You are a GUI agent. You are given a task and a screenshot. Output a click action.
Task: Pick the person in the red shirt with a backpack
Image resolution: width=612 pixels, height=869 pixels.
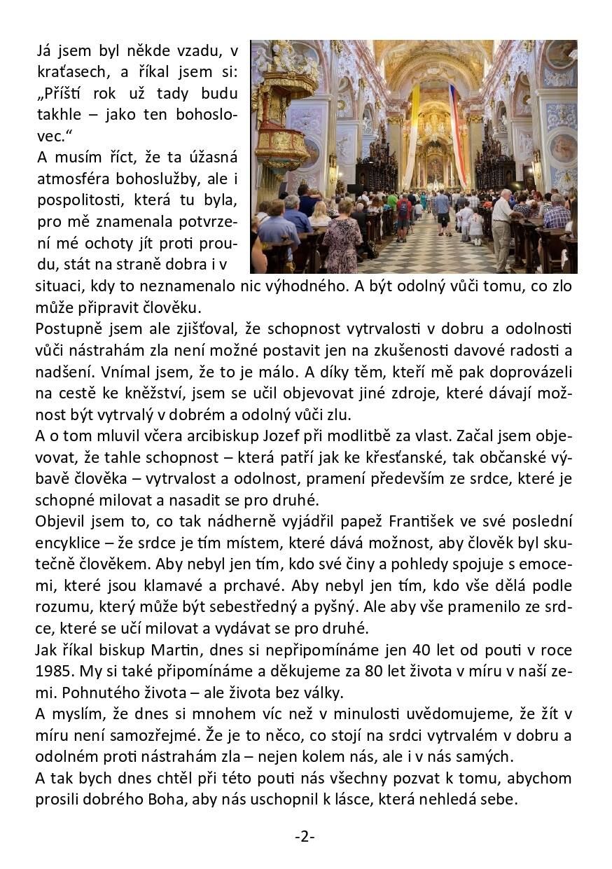(403, 214)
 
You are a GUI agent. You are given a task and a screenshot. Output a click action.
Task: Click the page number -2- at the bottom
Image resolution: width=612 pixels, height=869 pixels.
(305, 836)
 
